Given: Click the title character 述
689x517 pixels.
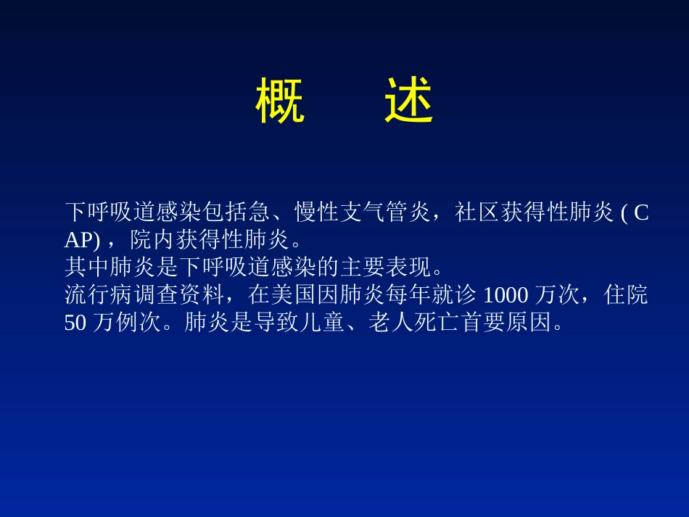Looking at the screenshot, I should pos(409,102).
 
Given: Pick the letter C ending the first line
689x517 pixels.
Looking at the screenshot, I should pos(641,212).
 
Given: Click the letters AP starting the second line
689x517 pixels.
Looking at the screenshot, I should pos(76,239).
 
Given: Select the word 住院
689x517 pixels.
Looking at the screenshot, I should pos(626,295).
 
